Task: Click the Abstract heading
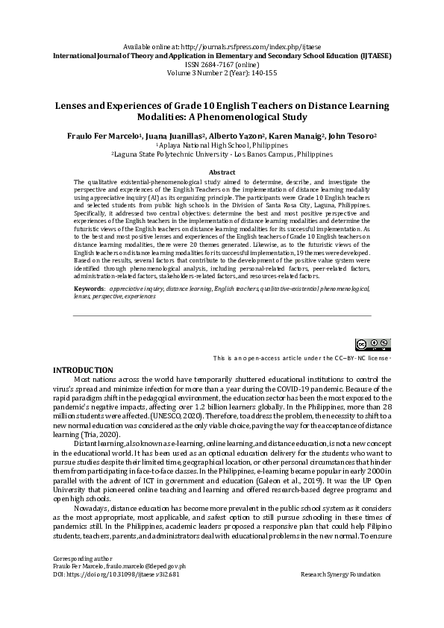222,172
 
